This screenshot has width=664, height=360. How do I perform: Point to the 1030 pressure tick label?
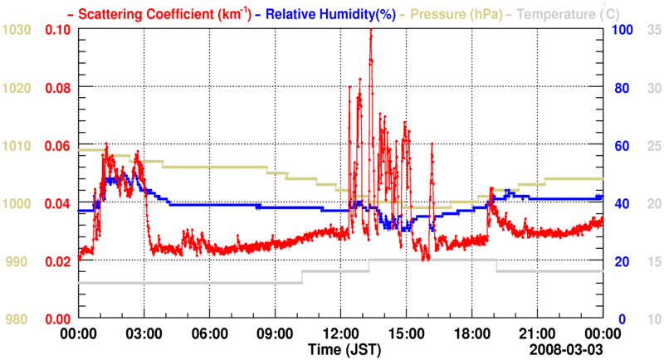pyautogui.click(x=17, y=30)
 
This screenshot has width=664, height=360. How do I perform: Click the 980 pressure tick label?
pyautogui.click(x=17, y=319)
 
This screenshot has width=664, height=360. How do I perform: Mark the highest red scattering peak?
pyautogui.click(x=370, y=31)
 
